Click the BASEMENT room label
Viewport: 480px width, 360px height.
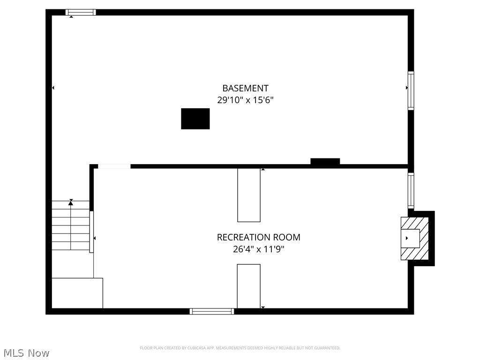coord(245,88)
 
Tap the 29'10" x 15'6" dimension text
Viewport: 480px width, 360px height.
coord(245,100)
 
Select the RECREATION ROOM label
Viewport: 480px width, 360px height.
coord(258,238)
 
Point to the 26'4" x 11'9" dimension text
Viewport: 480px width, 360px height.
coord(258,249)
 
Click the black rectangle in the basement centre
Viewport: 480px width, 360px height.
coord(195,119)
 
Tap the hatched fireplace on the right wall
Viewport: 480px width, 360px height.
coord(415,238)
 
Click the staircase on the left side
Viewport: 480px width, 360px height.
coord(70,226)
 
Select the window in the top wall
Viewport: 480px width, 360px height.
coord(81,12)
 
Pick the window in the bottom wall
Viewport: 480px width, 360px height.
coord(212,311)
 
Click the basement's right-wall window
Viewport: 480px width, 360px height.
coord(411,90)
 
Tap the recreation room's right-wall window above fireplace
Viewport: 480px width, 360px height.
coord(411,190)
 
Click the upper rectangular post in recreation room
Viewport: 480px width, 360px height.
coord(249,195)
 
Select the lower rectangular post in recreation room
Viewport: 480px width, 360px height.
coord(248,286)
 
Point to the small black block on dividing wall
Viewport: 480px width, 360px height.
coord(325,162)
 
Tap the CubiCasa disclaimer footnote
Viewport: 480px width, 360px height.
coord(240,348)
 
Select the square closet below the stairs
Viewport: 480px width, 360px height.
coord(77,293)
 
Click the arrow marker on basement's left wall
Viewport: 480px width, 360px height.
coord(53,88)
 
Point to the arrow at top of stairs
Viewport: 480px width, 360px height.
coord(71,202)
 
